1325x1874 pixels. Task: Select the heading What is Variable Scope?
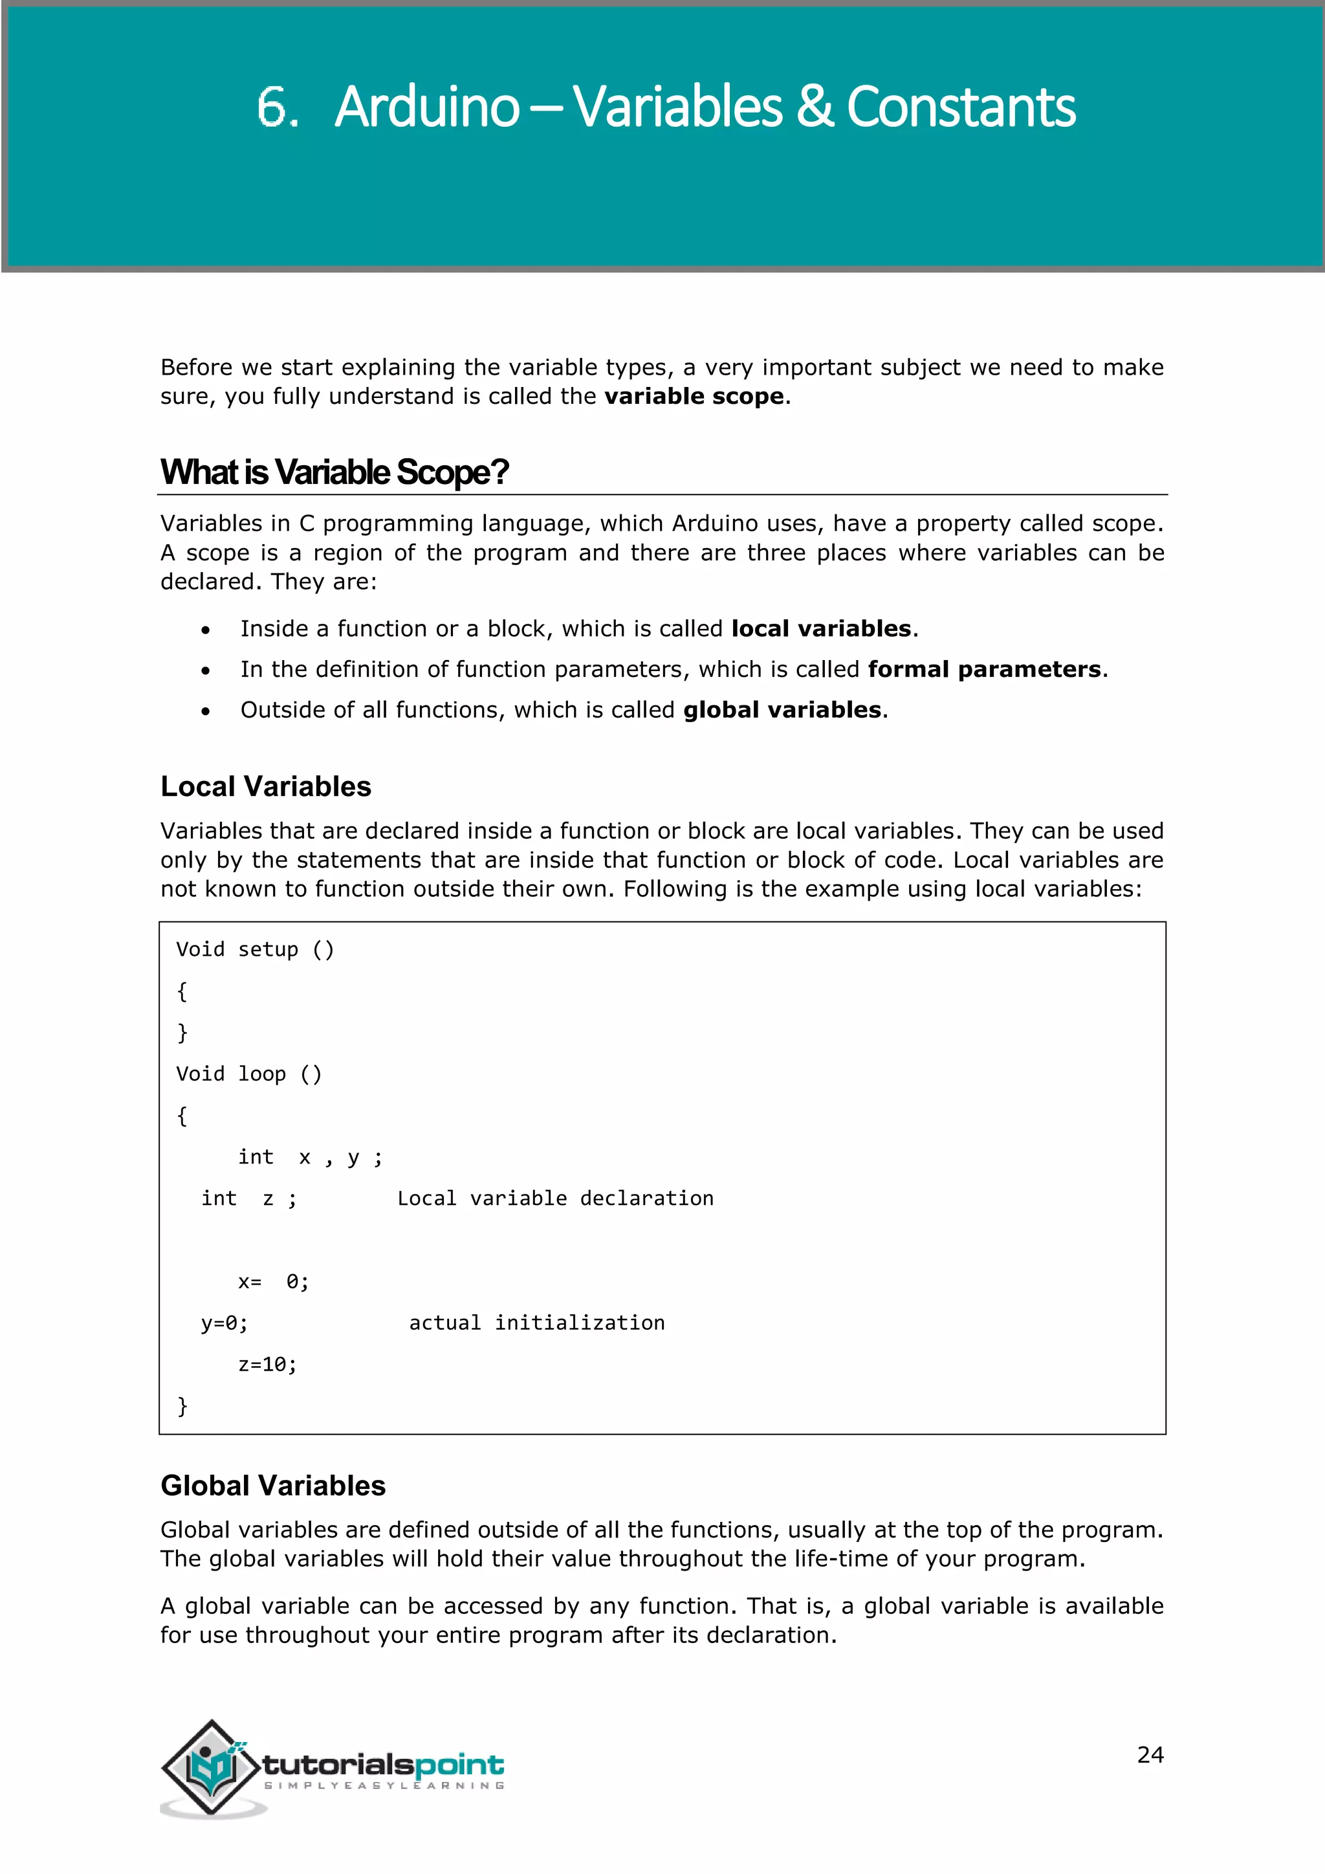click(x=334, y=472)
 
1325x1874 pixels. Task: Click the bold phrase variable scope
click(x=694, y=397)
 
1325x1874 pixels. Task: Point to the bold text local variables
click(x=821, y=628)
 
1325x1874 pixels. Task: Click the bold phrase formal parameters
click(x=984, y=669)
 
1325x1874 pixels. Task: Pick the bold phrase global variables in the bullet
click(x=782, y=710)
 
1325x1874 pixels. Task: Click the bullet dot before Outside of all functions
click(x=206, y=712)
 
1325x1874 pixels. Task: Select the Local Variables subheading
click(x=266, y=787)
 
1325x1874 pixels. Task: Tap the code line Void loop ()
click(x=249, y=1074)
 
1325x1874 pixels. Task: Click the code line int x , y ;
click(x=310, y=1158)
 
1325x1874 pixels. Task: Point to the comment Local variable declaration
click(x=555, y=1199)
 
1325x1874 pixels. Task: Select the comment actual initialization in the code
click(x=537, y=1323)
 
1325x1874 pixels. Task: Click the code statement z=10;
click(x=268, y=1365)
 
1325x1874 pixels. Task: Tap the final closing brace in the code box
click(x=182, y=1406)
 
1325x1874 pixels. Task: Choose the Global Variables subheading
click(x=273, y=1486)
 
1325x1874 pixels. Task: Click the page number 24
click(x=1150, y=1755)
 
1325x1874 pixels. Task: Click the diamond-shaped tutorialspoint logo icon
click(x=212, y=1767)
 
